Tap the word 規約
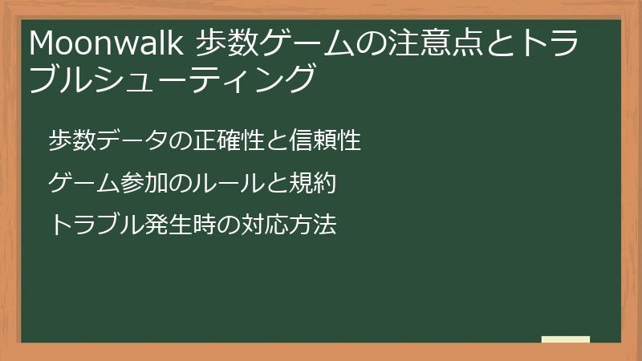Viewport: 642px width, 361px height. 314,184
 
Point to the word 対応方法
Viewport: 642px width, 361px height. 282,225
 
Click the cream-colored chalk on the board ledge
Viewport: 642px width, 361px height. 566,339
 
